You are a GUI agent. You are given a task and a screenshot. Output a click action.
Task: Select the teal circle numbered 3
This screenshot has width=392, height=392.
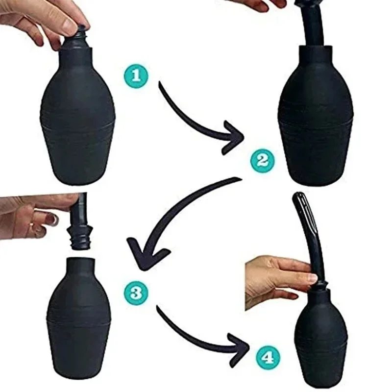coord(136,293)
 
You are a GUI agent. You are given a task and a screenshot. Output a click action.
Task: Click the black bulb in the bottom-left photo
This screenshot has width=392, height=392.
coord(78,314)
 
